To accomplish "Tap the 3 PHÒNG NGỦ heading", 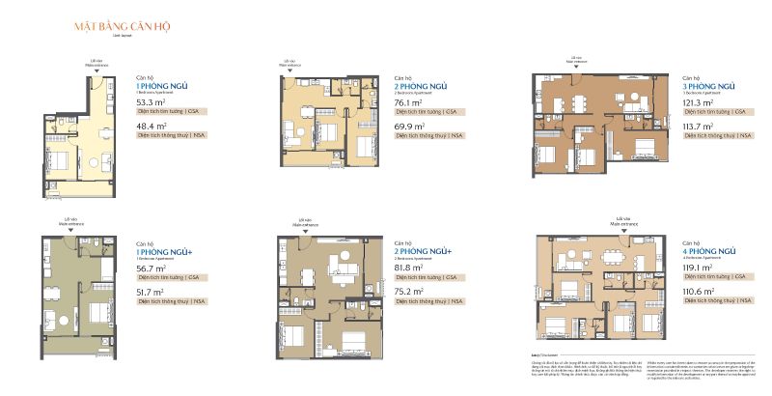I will (709, 84).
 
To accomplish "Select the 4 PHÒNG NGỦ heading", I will (709, 249).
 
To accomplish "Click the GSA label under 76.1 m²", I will (450, 111).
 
